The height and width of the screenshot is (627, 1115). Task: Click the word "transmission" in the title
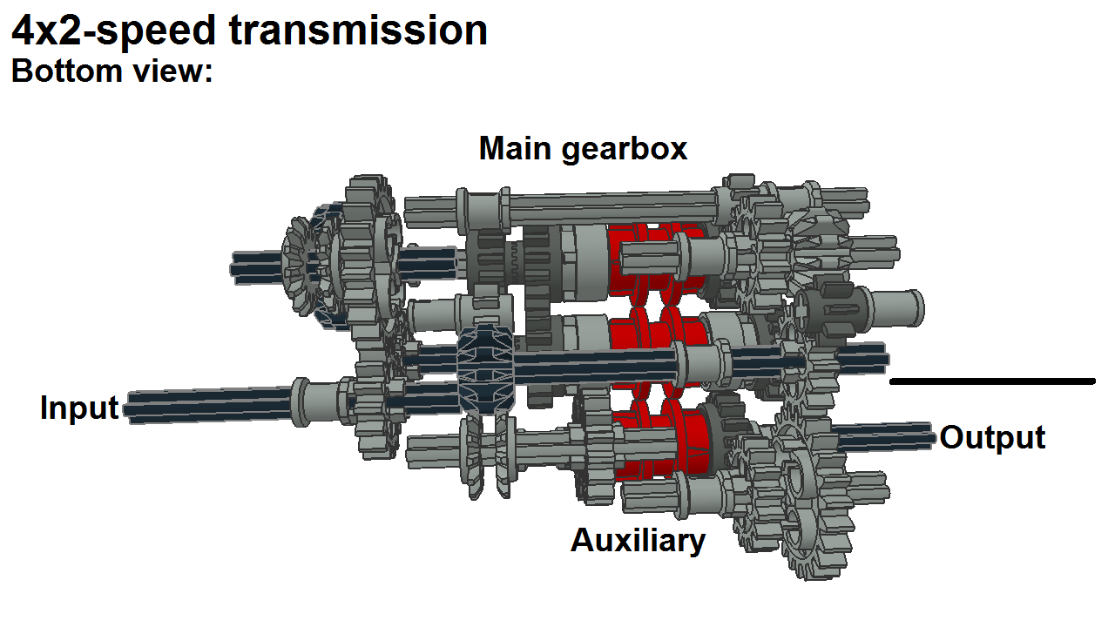point(358,30)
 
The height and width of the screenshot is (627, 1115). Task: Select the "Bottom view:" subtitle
point(112,71)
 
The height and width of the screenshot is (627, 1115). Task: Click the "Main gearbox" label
point(583,149)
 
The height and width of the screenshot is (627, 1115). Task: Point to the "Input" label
point(79,408)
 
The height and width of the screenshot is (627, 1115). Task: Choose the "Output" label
point(992,438)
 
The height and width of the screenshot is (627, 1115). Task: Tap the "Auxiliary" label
point(639,541)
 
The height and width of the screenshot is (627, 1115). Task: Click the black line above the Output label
point(992,381)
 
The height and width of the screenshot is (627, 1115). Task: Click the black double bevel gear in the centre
point(486,368)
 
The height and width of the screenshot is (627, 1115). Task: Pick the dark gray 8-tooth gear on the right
point(828,308)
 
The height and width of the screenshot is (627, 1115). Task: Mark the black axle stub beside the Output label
point(883,436)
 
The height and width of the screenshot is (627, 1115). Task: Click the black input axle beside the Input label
point(209,406)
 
